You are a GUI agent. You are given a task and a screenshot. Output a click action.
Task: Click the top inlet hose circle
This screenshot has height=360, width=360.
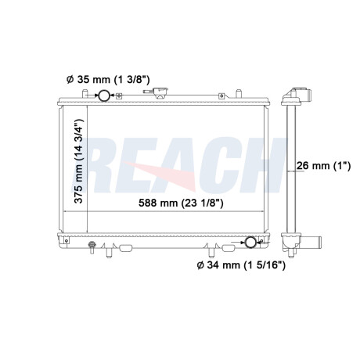click(x=104, y=95)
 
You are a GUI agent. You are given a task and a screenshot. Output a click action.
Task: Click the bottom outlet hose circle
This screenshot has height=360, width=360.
click(x=251, y=242)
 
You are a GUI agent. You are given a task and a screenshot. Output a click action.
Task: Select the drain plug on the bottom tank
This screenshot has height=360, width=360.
click(x=92, y=247)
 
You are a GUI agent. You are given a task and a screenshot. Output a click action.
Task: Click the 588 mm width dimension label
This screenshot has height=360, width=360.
click(x=181, y=203)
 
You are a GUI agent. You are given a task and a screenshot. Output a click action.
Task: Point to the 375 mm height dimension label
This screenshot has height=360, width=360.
click(x=79, y=161)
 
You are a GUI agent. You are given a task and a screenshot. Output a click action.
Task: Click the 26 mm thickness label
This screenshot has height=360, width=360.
click(x=324, y=165)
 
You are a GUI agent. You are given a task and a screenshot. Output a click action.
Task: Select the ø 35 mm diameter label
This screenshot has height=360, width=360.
click(x=108, y=79)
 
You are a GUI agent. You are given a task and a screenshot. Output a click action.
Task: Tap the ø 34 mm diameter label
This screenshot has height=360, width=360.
click(x=241, y=265)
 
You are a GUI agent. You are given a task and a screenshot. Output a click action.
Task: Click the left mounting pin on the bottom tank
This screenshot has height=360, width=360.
click(x=110, y=252)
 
